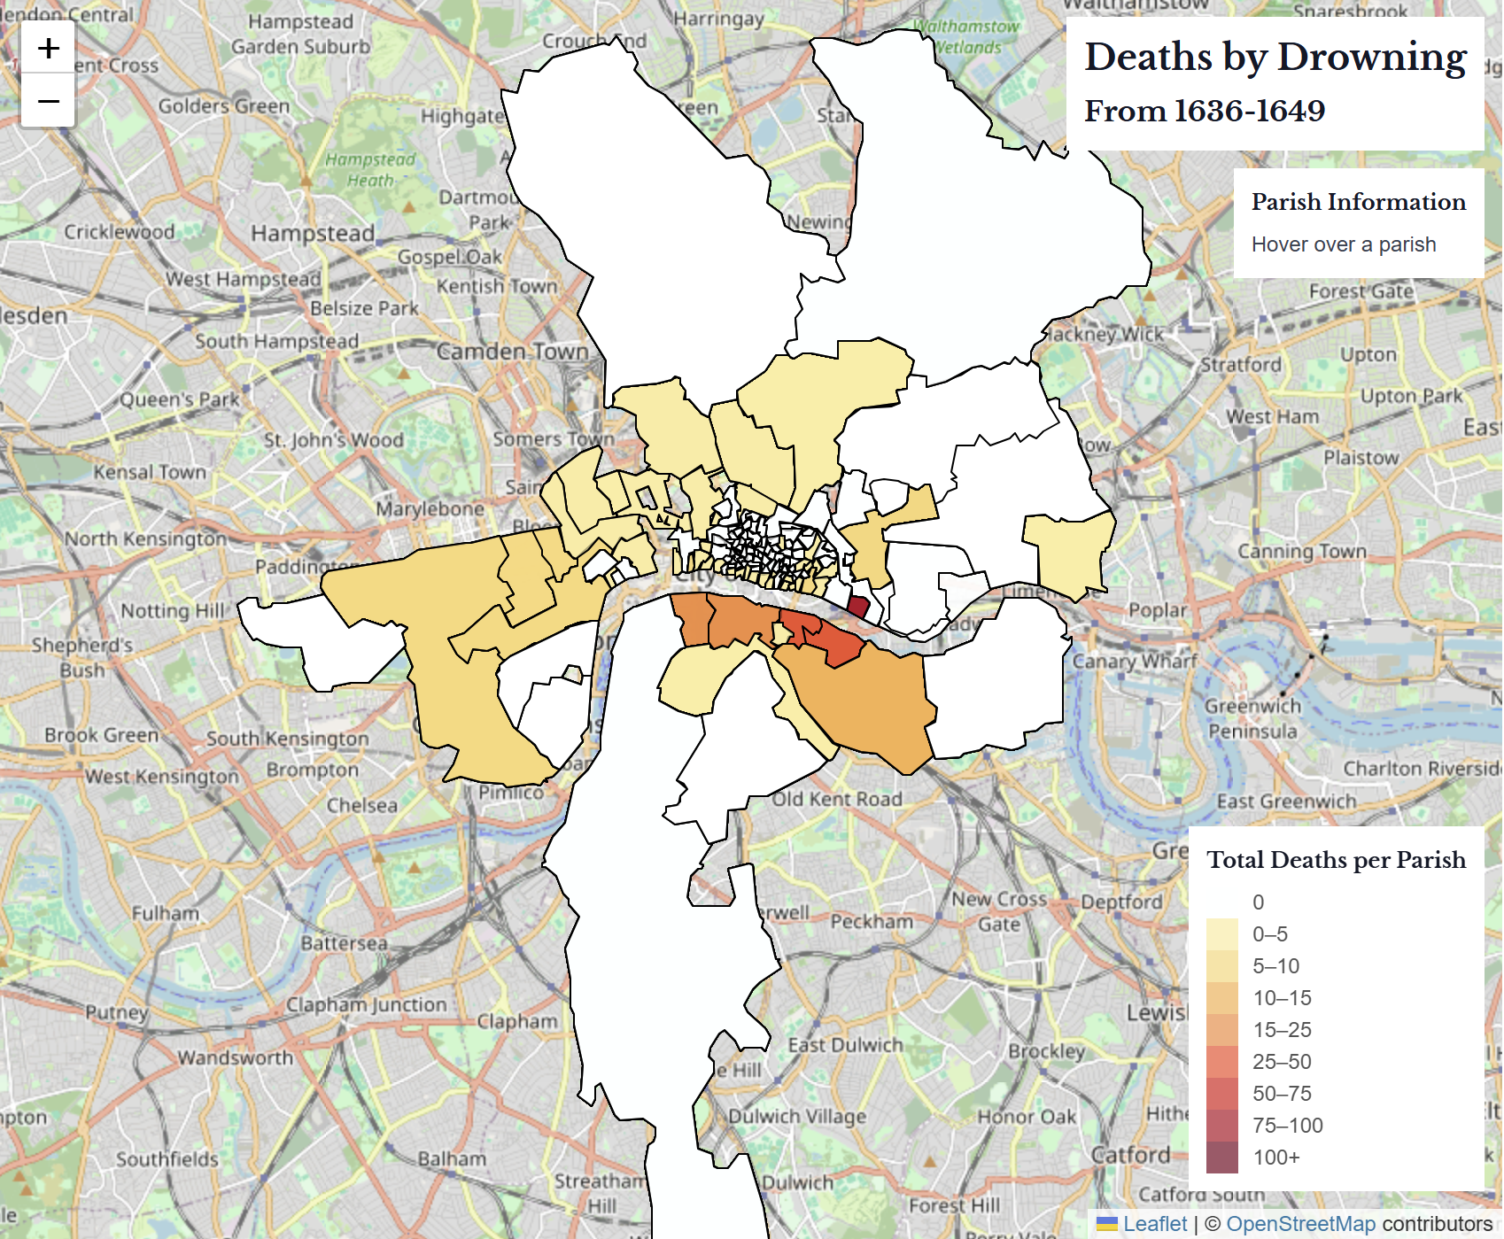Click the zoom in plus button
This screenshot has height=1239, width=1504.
click(49, 48)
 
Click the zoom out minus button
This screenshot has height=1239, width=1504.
click(49, 100)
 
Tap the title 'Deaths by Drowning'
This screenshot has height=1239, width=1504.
click(1275, 58)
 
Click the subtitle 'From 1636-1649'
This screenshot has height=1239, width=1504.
click(1205, 112)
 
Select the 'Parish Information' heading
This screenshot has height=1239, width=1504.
click(1358, 202)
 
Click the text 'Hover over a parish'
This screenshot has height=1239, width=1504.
click(1343, 244)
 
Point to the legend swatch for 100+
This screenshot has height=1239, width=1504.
click(1221, 1158)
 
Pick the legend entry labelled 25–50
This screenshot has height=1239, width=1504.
click(1281, 1062)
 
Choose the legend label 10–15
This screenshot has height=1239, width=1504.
click(1281, 998)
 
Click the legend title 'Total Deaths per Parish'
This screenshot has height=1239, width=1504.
click(1336, 860)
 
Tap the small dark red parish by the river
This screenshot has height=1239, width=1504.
click(858, 608)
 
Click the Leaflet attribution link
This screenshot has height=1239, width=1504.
click(1154, 1224)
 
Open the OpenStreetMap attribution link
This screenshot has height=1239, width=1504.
click(1300, 1224)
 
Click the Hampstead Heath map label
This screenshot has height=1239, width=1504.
click(370, 170)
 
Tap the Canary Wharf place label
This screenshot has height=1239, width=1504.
click(1135, 662)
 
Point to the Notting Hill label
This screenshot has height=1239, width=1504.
click(174, 611)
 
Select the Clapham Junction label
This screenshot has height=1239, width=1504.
click(366, 1005)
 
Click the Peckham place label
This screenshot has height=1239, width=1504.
click(872, 922)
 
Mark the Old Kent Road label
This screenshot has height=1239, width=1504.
click(837, 800)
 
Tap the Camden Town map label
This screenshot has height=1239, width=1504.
click(512, 352)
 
